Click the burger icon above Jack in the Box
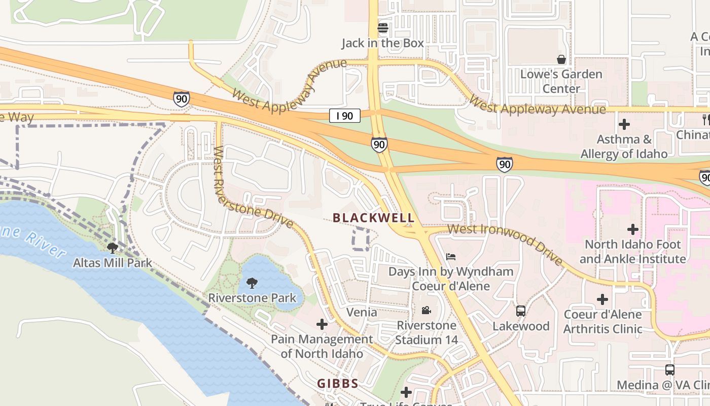tap(382, 27)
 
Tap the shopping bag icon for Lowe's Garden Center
tap(561, 59)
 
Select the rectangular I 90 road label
tap(344, 116)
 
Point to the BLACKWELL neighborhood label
tap(373, 218)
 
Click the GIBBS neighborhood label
tap(338, 384)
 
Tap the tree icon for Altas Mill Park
tap(113, 248)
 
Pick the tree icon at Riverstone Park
tap(252, 283)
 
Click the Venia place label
tap(362, 312)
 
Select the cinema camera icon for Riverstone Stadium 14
tap(426, 310)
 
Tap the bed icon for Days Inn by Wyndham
tap(450, 256)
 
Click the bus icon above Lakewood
tap(521, 311)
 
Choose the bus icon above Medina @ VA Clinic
tap(670, 369)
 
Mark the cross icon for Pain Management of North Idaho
tap(322, 324)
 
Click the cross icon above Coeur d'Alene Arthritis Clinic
tap(602, 299)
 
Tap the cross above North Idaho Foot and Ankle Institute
tap(632, 229)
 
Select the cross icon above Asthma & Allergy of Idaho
tap(624, 124)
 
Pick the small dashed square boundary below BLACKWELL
tap(361, 239)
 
